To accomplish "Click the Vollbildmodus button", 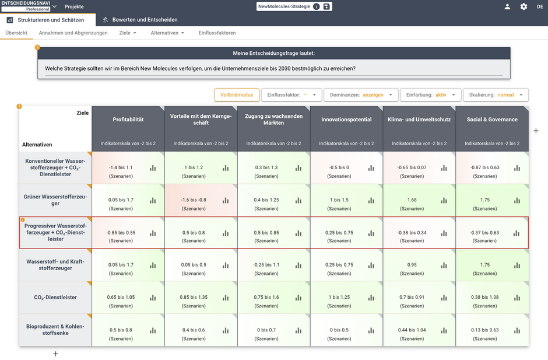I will (237, 95).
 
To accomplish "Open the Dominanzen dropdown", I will (361, 95).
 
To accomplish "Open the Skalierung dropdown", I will (496, 95).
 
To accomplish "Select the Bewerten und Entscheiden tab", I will (145, 19).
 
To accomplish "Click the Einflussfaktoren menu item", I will (217, 33).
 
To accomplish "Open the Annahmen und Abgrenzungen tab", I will (73, 33).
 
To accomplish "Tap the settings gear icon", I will (524, 6).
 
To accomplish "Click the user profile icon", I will (507, 6).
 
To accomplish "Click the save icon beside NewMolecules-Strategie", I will (326, 6).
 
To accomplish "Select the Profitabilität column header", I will (128, 120).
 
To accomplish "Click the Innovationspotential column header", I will (346, 120).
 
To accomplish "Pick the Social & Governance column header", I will (492, 120).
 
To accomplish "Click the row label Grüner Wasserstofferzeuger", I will (55, 200).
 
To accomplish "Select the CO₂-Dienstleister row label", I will (55, 298).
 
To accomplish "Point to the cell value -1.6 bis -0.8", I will (194, 200).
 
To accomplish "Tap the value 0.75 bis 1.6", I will (266, 297).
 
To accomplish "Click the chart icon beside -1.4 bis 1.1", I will (153, 168).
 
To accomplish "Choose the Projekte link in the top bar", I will (74, 6).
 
